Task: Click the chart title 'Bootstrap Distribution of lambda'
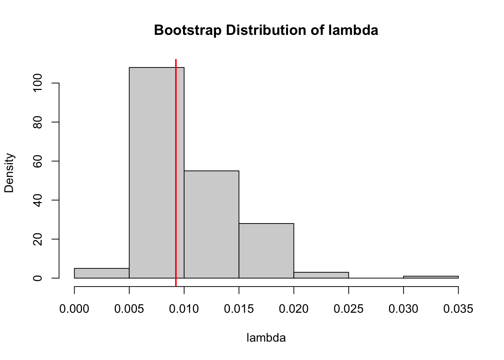pyautogui.click(x=266, y=30)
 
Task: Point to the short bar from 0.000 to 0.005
pyautogui.click(x=102, y=273)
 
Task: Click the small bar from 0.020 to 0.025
pyautogui.click(x=321, y=275)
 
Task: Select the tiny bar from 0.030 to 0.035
pyautogui.click(x=431, y=277)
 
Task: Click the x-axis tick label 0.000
pyautogui.click(x=74, y=309)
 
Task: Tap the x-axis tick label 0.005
pyautogui.click(x=129, y=309)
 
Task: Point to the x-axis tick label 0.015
pyautogui.click(x=239, y=309)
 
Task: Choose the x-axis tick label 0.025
pyautogui.click(x=349, y=309)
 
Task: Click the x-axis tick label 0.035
pyautogui.click(x=458, y=309)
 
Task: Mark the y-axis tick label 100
pyautogui.click(x=37, y=83)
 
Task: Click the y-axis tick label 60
pyautogui.click(x=37, y=161)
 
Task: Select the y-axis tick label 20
pyautogui.click(x=37, y=239)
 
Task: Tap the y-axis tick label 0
pyautogui.click(x=37, y=278)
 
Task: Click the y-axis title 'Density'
pyautogui.click(x=9, y=172)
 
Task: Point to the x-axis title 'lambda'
pyautogui.click(x=266, y=338)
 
